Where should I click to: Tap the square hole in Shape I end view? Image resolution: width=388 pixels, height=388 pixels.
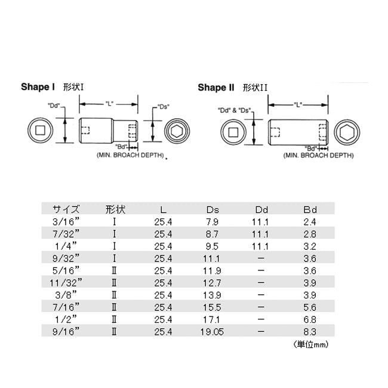click(x=40, y=130)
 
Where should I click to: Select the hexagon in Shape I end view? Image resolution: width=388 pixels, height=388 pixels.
click(x=177, y=131)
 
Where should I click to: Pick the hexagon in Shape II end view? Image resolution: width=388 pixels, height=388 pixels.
click(x=347, y=133)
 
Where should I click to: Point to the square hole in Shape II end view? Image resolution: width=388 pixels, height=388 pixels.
click(x=233, y=132)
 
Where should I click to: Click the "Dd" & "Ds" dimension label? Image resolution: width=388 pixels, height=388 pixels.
click(x=235, y=110)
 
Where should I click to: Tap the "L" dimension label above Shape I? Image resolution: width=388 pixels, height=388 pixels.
click(x=109, y=104)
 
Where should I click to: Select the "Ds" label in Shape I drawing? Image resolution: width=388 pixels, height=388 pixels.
click(x=164, y=107)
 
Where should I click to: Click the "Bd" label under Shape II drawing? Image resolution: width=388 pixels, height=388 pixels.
click(x=311, y=149)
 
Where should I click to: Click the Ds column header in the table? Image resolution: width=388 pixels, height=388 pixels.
click(x=213, y=210)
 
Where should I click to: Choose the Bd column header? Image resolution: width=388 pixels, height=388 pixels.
click(x=310, y=210)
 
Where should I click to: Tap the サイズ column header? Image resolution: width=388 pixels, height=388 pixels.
click(x=66, y=210)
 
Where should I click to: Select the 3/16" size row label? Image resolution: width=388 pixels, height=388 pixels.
click(x=66, y=221)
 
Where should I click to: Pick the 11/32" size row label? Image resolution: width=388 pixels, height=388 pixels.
click(x=66, y=282)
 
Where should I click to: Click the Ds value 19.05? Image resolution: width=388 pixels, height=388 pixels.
click(x=212, y=331)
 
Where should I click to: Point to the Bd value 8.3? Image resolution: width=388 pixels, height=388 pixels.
click(x=310, y=331)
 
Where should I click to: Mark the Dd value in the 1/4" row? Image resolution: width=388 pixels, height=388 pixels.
click(x=260, y=246)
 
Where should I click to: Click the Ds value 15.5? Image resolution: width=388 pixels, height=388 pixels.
click(x=212, y=307)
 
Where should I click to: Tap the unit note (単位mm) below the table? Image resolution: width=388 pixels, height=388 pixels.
click(x=311, y=344)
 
